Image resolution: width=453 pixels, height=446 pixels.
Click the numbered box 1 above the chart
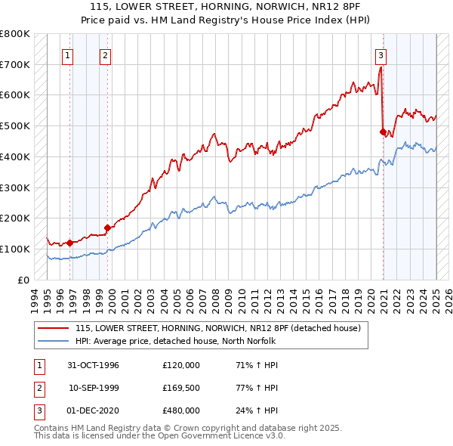click(x=69, y=54)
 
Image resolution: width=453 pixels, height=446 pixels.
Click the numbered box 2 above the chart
click(x=105, y=54)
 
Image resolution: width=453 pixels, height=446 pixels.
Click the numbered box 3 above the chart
click(x=381, y=54)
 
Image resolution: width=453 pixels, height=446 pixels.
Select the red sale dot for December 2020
click(x=383, y=132)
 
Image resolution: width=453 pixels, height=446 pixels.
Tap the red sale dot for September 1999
click(x=107, y=227)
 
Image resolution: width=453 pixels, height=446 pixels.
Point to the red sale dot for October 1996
click(x=70, y=243)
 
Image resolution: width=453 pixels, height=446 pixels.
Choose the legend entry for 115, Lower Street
click(x=218, y=328)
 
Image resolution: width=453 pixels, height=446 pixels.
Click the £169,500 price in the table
click(x=181, y=388)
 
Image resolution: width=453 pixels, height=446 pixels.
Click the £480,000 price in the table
click(x=181, y=410)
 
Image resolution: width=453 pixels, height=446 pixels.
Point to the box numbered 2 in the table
click(x=39, y=388)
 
